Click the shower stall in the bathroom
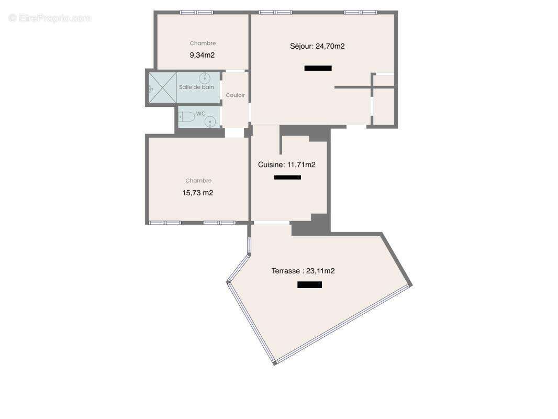162,87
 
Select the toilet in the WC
186,117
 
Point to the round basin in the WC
210,122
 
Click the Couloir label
235,95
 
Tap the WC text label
201,113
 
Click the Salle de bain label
196,87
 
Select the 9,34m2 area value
202,55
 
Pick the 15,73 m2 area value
197,193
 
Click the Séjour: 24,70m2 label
317,46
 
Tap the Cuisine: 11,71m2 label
287,164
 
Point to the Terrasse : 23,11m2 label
303,271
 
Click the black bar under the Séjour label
318,68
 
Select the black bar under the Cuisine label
287,178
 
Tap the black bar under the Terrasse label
309,285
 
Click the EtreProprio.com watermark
50,18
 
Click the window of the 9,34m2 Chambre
196,12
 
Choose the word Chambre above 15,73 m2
198,181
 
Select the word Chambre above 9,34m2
203,43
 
